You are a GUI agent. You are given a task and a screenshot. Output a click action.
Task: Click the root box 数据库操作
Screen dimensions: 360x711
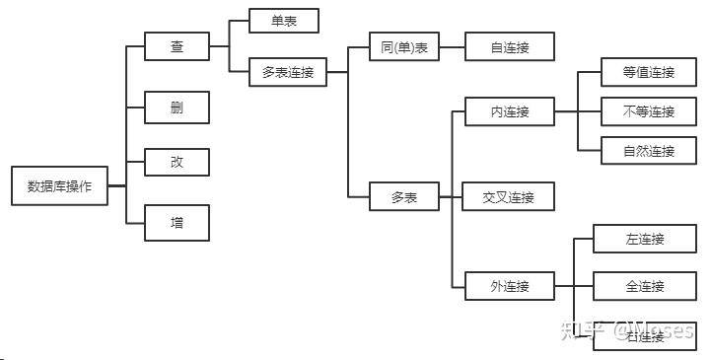(x=59, y=185)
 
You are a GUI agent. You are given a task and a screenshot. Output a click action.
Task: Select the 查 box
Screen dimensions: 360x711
(x=177, y=46)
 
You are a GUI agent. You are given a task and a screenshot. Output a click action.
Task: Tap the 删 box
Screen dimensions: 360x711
(x=177, y=107)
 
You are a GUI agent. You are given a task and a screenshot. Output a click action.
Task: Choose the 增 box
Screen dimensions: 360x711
(x=177, y=222)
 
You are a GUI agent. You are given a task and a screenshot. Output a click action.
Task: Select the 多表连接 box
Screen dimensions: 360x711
(x=287, y=72)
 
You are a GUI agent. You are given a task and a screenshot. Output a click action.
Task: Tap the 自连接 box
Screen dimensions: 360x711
(x=510, y=46)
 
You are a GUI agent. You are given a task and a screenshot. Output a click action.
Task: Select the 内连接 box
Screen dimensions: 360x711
(x=510, y=111)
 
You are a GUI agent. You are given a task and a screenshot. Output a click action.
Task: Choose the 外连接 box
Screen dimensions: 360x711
(x=510, y=286)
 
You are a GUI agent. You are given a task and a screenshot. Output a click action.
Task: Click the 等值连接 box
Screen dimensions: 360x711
(x=649, y=72)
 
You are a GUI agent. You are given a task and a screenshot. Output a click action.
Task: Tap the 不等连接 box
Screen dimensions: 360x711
(x=649, y=111)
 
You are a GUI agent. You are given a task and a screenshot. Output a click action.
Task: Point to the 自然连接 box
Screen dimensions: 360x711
(x=649, y=151)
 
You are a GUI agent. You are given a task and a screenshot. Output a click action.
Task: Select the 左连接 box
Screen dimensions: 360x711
(x=645, y=239)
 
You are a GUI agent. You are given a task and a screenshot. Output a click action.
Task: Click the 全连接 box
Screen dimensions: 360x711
(x=645, y=286)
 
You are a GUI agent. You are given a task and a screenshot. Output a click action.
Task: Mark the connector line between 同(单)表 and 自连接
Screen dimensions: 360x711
(x=452, y=46)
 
